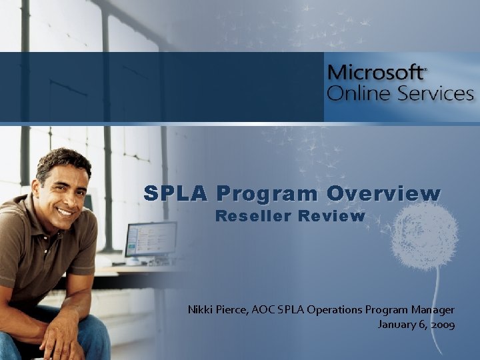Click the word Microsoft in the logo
(x=375, y=73)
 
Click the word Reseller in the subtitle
(x=253, y=216)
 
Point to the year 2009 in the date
(x=443, y=325)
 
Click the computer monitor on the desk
(x=151, y=239)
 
